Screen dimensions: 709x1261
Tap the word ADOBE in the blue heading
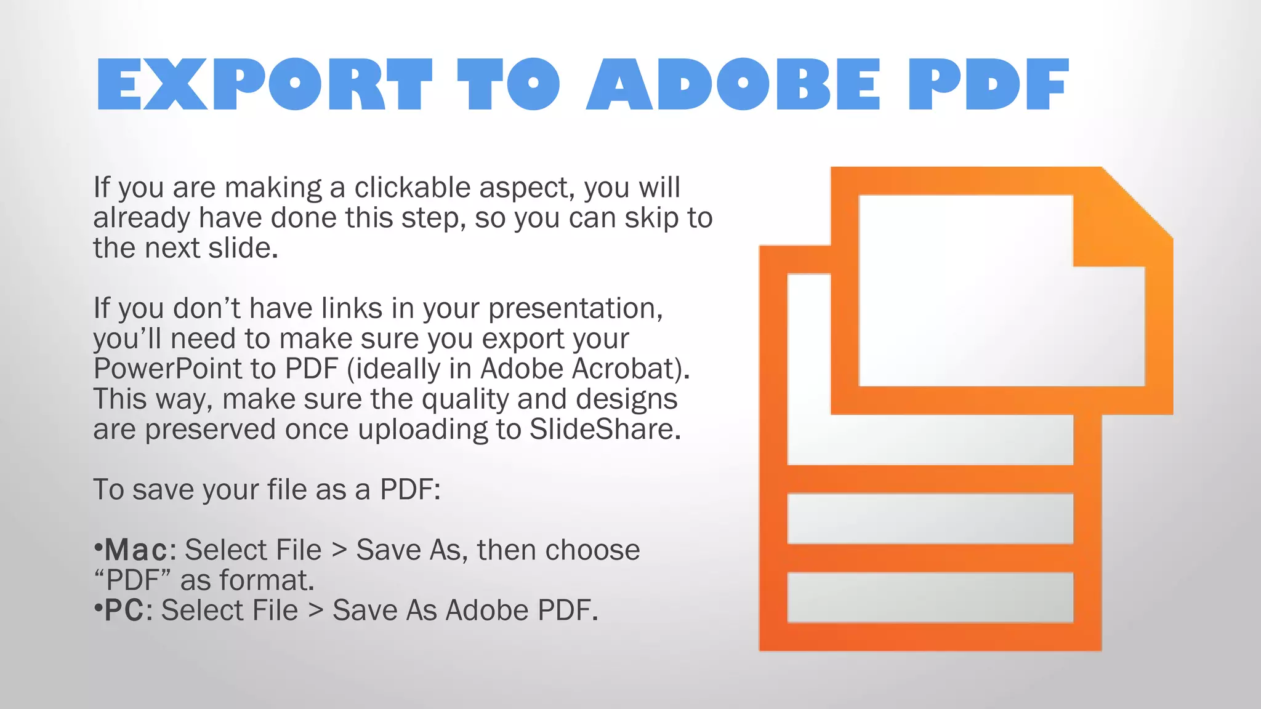[733, 85]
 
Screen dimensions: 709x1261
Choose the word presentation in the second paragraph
[575, 309]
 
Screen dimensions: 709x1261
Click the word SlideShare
[605, 430]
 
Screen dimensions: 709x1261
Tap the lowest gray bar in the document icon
[930, 597]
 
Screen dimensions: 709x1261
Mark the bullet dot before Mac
[97, 547]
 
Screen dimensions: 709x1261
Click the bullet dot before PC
[97, 607]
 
